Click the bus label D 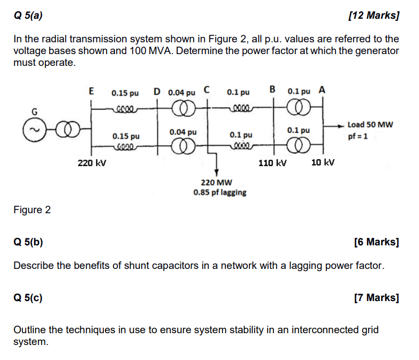156,91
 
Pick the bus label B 273,89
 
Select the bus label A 322,90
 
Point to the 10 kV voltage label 323,162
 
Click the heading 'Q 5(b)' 28,242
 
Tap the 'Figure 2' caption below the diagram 32,210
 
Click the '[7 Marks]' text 377,297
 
